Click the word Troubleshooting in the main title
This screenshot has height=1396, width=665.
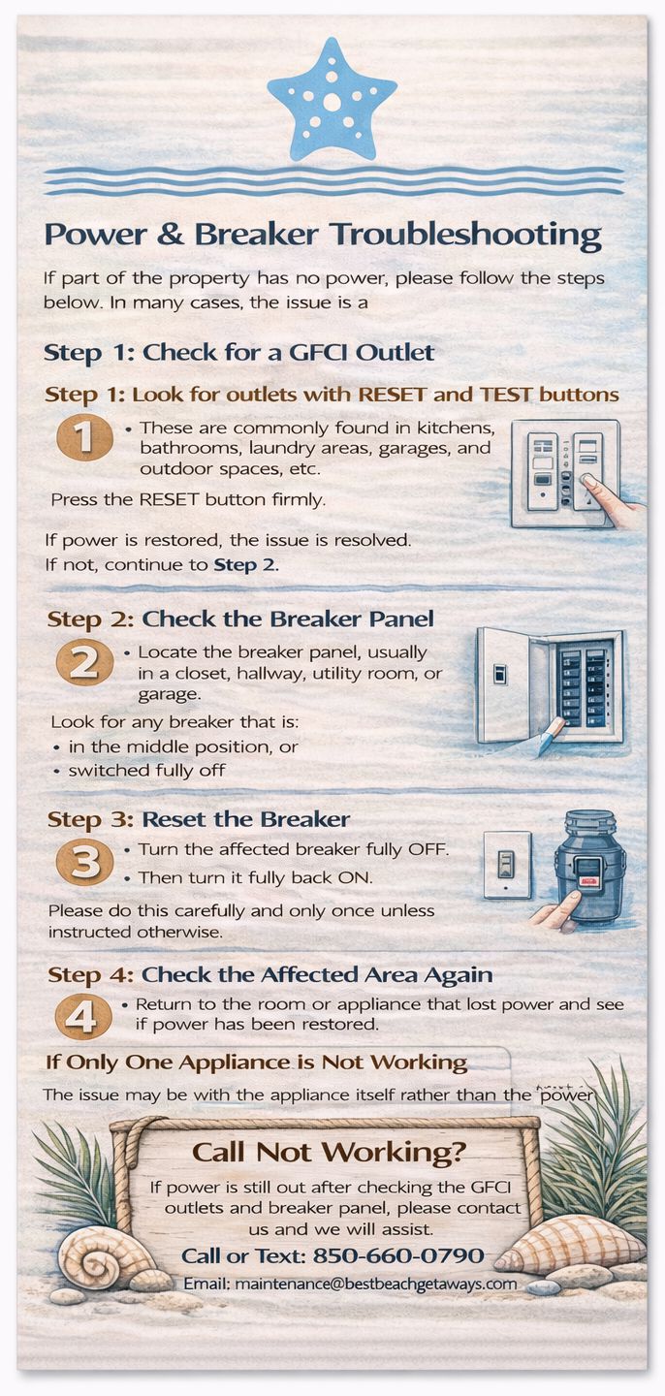coord(465,236)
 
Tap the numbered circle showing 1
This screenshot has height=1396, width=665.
coord(84,437)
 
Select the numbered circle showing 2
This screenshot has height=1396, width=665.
coord(84,662)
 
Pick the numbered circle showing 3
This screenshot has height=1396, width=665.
coord(84,863)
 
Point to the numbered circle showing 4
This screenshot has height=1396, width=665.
coord(83,1017)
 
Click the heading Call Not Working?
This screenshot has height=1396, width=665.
coord(329,1152)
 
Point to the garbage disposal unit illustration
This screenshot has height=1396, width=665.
coord(589,867)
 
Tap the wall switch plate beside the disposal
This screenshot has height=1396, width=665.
coord(507,865)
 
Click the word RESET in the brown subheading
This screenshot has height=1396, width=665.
coord(392,395)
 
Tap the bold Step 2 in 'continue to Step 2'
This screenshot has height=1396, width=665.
coord(244,565)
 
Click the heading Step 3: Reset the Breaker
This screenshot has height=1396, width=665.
coord(198,819)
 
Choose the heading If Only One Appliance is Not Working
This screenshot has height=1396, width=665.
coord(256,1062)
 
